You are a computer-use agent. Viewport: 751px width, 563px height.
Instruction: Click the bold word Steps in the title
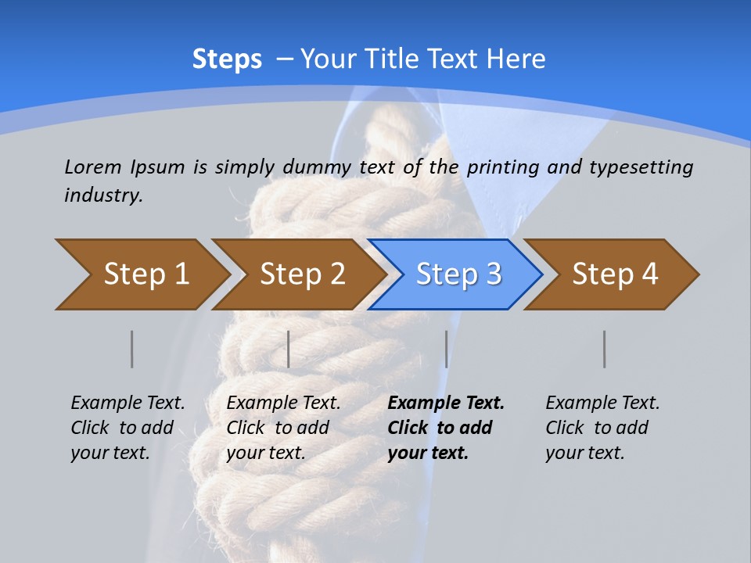227,59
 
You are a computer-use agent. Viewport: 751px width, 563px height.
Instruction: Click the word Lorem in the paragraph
93,167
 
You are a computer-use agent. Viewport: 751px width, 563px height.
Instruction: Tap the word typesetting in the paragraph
641,167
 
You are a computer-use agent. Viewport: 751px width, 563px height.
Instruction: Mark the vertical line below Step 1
132,349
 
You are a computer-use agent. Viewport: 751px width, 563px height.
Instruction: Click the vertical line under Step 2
289,349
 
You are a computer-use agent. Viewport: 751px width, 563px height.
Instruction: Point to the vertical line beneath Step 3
447,349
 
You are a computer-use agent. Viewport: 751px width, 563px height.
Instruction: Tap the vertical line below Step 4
605,349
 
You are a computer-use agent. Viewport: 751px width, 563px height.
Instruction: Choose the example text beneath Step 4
602,428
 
